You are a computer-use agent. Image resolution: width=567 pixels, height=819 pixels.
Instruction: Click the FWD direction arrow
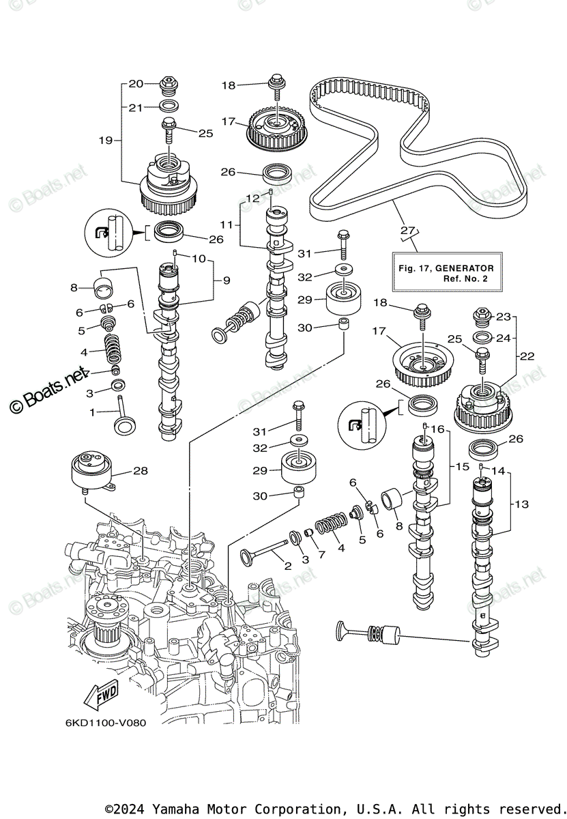coord(100,695)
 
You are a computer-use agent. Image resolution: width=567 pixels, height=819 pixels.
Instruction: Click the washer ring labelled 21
coord(167,106)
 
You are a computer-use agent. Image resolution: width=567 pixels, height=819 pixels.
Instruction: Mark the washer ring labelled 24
coord(481,337)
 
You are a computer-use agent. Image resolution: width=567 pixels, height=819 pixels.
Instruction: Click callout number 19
coord(105,141)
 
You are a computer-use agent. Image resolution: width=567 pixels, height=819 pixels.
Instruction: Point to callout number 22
coord(527,356)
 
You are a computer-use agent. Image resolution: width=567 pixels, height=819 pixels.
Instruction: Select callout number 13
coord(522,504)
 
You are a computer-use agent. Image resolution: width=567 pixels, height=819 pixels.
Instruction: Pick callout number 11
coord(227,224)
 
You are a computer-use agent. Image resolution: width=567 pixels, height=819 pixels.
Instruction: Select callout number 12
coord(253,198)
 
